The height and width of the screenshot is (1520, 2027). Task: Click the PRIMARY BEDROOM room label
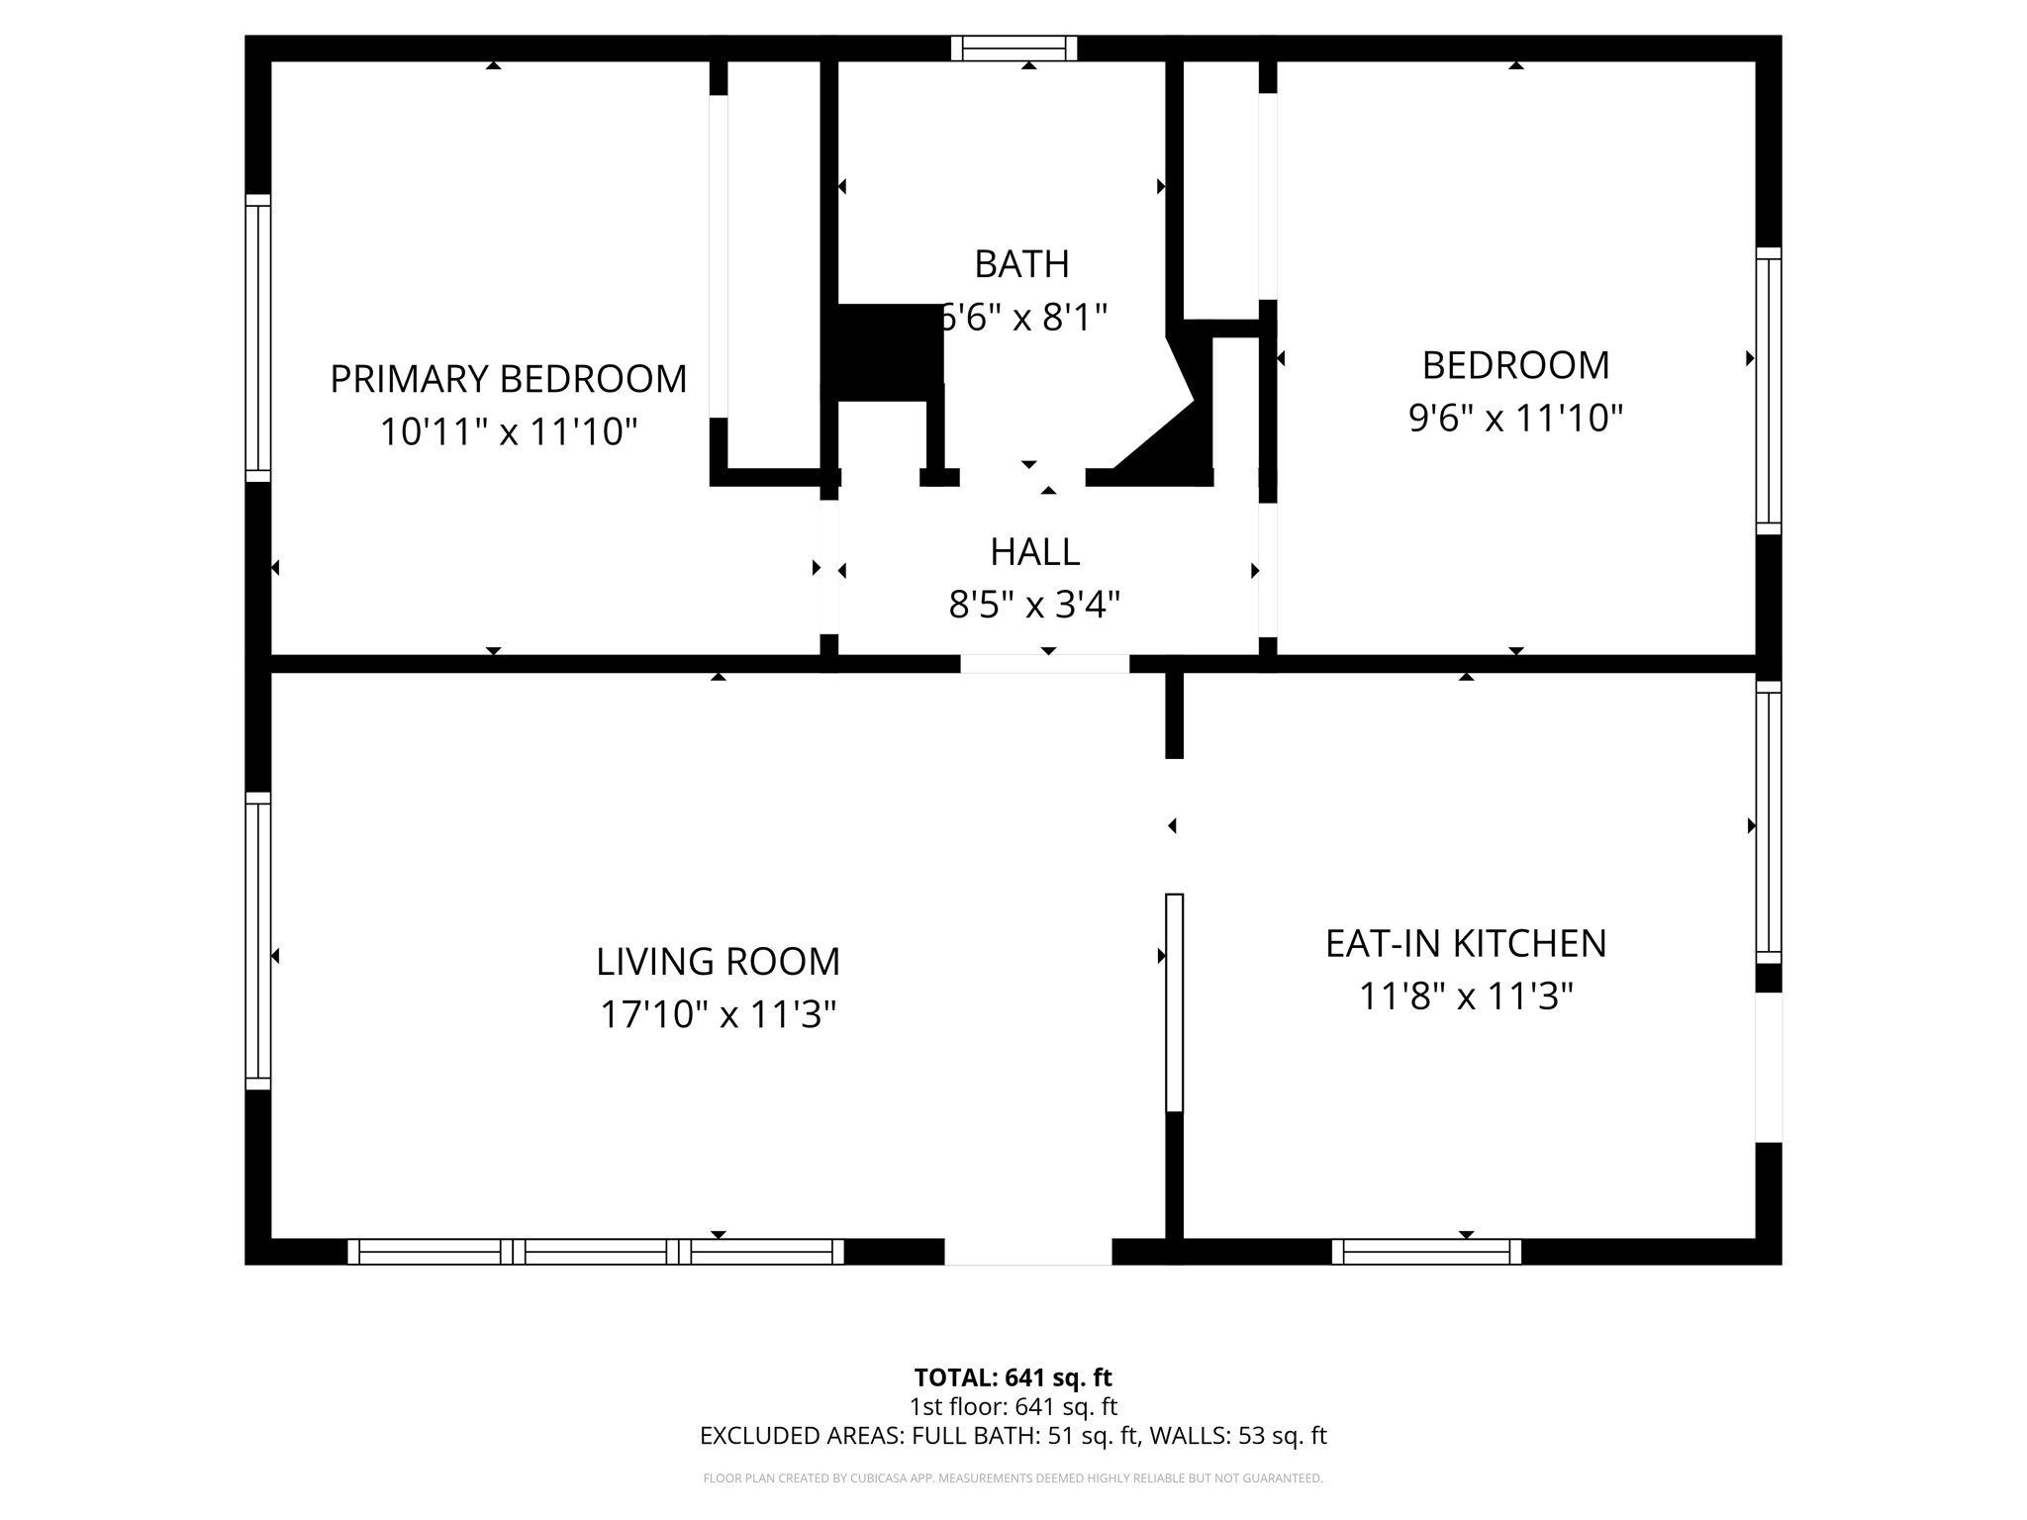(x=508, y=379)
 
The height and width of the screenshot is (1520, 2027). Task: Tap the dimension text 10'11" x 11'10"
(x=508, y=431)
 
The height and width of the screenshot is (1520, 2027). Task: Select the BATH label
(x=1021, y=264)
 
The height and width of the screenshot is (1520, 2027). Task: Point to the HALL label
(x=1034, y=551)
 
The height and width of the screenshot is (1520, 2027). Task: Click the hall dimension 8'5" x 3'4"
(x=1034, y=604)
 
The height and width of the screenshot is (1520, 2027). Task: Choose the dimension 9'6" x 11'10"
(x=1515, y=418)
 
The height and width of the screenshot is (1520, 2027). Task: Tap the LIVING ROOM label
(x=718, y=962)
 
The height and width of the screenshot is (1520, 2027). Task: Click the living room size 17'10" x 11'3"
(x=718, y=1014)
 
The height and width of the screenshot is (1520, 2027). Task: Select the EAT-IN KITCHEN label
(x=1466, y=943)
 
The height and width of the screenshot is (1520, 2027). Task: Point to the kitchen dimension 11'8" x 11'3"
(x=1466, y=996)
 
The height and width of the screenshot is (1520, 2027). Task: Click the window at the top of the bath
(x=1014, y=48)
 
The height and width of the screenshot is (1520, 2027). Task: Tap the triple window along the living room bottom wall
(x=595, y=1252)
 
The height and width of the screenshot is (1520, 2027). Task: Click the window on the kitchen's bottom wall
(x=1426, y=1252)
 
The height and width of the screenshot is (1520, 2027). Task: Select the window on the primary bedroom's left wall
(x=258, y=337)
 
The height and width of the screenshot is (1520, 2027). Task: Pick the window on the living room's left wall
(x=258, y=940)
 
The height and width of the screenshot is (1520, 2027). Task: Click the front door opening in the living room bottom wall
(x=1027, y=1252)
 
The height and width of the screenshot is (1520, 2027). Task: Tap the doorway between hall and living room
(x=1044, y=664)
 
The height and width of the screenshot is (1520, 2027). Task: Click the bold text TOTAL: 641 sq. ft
(x=1013, y=1377)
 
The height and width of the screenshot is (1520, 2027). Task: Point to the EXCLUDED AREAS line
(x=1013, y=1436)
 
